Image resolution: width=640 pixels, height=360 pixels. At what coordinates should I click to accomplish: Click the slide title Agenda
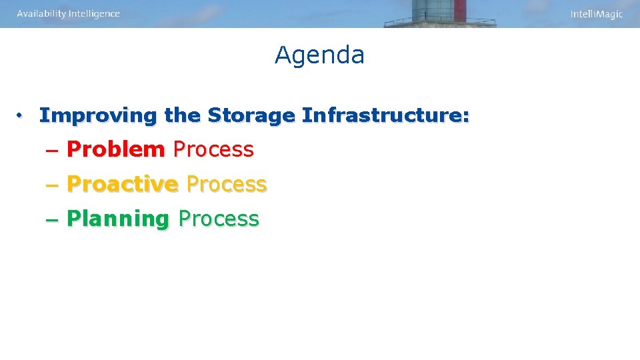319,55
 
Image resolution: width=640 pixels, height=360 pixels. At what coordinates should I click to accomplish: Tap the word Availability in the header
41,14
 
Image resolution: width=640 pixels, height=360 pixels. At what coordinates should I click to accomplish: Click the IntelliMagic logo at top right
596,15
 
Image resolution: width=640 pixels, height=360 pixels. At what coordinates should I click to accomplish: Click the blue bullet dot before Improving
21,116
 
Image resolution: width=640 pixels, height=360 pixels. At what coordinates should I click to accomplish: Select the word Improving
97,115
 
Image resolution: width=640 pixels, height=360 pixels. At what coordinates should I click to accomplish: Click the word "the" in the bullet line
182,115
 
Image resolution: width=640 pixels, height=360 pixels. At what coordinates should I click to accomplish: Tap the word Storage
251,115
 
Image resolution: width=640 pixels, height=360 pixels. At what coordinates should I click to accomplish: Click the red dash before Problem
53,150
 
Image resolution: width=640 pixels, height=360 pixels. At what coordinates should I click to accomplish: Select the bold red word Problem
116,149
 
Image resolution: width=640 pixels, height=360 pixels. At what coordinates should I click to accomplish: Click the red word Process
213,149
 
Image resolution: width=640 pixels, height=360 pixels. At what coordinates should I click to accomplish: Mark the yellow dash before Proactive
53,185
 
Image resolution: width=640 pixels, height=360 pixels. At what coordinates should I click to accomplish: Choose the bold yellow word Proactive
123,184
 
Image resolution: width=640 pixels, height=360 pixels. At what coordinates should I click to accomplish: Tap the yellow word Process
227,184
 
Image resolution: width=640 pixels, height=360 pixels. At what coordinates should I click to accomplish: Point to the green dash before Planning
53,219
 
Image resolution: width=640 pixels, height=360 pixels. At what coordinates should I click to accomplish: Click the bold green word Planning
119,219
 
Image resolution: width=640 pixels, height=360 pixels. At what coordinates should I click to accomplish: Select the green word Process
219,219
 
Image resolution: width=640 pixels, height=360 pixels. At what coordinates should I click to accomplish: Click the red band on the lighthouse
460,10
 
